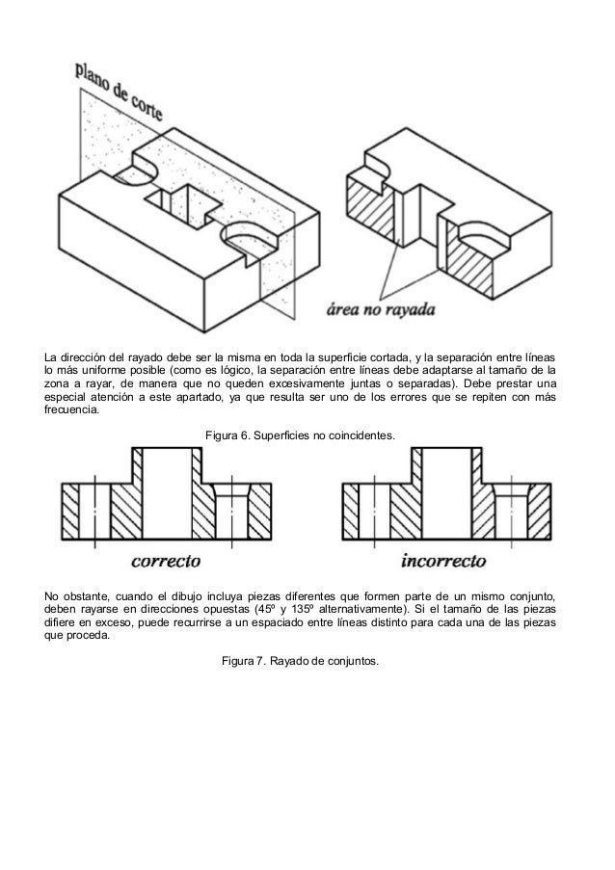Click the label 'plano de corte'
pos(120,92)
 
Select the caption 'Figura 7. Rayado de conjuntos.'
pos(301,660)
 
